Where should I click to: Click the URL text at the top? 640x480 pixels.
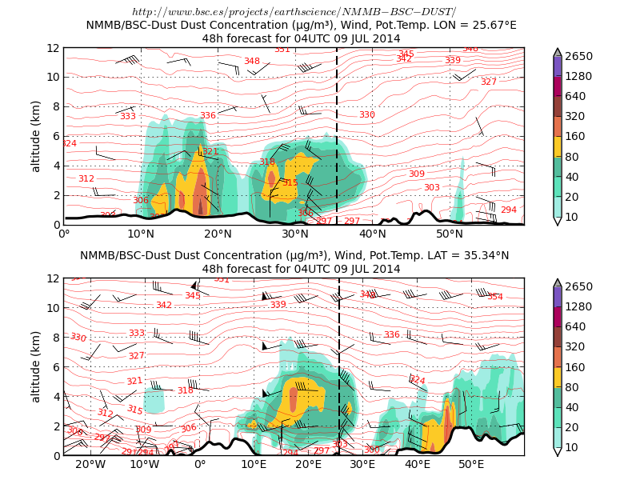click(x=294, y=12)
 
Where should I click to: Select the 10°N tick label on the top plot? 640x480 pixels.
click(x=141, y=234)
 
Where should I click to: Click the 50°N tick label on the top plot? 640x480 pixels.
click(x=450, y=234)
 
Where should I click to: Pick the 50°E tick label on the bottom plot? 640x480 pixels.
click(x=471, y=465)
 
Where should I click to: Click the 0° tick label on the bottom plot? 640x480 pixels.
click(x=199, y=465)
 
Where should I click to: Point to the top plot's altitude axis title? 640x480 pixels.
click(x=36, y=136)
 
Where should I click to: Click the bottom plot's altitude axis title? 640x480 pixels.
click(x=36, y=366)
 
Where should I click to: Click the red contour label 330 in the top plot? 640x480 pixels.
click(x=367, y=115)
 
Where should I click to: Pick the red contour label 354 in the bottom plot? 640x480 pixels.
click(x=495, y=297)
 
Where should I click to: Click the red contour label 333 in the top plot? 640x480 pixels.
click(x=128, y=117)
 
